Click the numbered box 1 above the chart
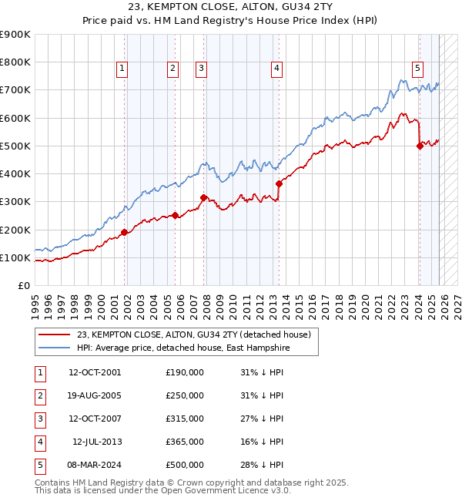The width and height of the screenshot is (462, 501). click(122, 69)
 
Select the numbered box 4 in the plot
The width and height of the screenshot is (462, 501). click(276, 69)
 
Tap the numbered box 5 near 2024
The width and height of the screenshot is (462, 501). click(417, 69)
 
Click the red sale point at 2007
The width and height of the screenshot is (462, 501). click(203, 197)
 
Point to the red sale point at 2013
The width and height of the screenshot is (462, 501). click(279, 183)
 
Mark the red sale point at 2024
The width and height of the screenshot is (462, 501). click(420, 146)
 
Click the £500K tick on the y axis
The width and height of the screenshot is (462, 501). click(15, 146)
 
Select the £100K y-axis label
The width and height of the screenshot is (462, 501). click(15, 257)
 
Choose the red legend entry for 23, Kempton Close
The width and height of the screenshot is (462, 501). click(193, 335)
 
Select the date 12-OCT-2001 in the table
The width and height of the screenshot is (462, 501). click(94, 372)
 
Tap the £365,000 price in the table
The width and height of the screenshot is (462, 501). click(184, 442)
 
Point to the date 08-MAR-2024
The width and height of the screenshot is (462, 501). click(94, 465)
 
